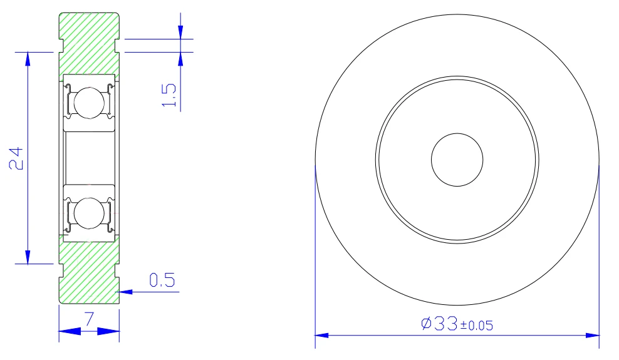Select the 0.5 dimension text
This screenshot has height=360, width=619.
(x=161, y=280)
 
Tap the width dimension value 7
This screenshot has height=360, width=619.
(x=89, y=319)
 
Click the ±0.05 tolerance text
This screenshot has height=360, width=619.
(x=477, y=326)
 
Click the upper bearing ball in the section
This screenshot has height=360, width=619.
(x=87, y=102)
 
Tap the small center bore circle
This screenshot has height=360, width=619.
(x=457, y=160)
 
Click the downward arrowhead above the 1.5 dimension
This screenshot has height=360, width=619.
(x=180, y=33)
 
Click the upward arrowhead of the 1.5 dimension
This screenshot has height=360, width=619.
(x=180, y=58)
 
